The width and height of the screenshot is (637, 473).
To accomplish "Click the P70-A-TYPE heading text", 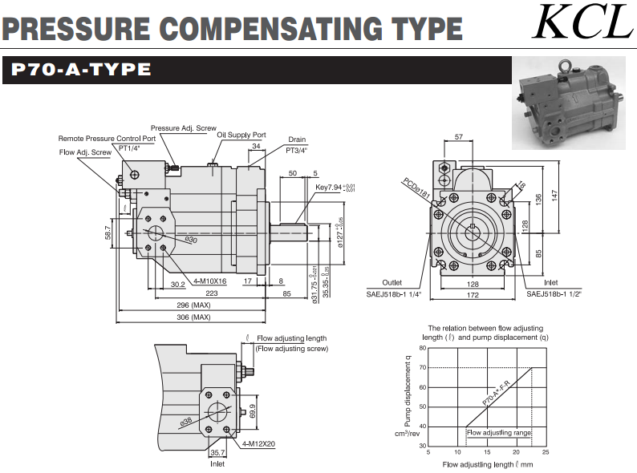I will [81, 70].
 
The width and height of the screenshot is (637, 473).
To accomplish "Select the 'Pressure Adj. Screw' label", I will [183, 127].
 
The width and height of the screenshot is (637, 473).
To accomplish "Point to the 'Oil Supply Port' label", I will [241, 135].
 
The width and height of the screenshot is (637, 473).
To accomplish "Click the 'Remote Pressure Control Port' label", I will [107, 138].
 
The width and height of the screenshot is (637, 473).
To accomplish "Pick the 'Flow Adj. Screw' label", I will [84, 151].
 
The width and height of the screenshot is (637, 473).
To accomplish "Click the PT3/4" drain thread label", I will [297, 150].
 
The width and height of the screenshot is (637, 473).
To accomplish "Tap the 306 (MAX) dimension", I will [194, 317].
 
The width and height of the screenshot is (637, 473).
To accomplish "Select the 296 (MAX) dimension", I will [194, 305].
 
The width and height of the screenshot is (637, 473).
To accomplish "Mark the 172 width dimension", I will [473, 297].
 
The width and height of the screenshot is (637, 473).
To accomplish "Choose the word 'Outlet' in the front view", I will [392, 282].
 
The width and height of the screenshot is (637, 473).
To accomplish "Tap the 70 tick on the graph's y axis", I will [422, 368].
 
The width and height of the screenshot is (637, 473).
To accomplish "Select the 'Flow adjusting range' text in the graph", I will [498, 432].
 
